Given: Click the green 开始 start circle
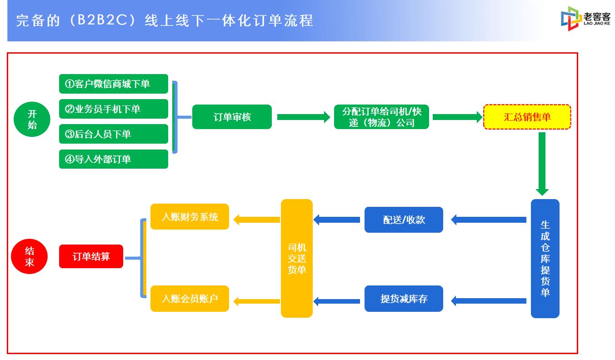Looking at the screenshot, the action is click(32, 119).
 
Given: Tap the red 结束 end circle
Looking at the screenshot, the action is click(30, 256).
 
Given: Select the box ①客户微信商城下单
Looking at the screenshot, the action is click(113, 84).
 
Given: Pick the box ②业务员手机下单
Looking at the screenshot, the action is click(113, 109).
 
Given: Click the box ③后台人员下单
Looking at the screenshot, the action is click(113, 134).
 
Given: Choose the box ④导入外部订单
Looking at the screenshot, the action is click(113, 159).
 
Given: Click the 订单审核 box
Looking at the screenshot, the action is click(232, 117).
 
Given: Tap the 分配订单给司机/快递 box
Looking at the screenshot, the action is click(381, 117).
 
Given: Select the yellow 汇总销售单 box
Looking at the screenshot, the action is click(527, 117).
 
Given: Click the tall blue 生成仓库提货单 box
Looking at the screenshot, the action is click(545, 258).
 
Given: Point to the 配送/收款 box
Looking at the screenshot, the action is click(404, 220).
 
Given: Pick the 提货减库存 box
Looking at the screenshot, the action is click(404, 299).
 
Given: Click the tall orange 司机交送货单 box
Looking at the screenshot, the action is click(296, 258).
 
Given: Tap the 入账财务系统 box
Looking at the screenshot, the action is click(190, 216).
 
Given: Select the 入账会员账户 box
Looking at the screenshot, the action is click(190, 299).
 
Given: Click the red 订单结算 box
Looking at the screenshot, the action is click(91, 256).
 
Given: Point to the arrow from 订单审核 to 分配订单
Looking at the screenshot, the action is click(304, 117).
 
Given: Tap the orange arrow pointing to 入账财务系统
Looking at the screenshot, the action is click(257, 220).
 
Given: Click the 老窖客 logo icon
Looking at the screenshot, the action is click(571, 19).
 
